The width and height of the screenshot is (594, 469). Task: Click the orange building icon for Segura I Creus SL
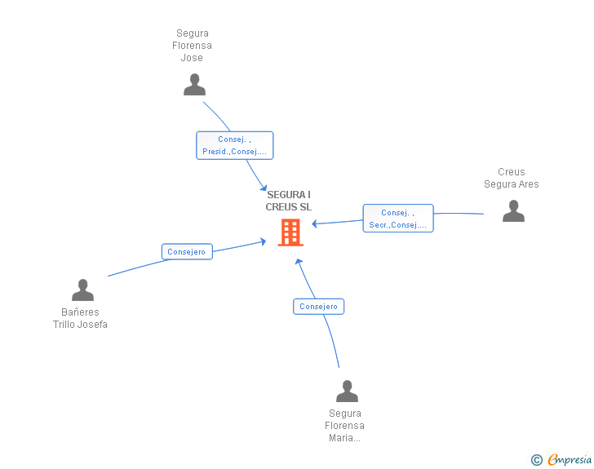coord(290,232)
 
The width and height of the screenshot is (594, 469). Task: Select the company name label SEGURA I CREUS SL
coord(289,201)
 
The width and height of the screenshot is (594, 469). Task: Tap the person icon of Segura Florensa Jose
coord(194,85)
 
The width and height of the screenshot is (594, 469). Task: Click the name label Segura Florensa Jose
coord(193,46)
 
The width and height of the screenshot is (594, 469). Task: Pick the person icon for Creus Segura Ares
coord(513,210)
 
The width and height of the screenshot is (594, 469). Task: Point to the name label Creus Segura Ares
coord(512,178)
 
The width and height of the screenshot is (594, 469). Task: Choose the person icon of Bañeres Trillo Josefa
coord(82,290)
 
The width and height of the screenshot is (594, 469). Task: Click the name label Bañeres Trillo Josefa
coord(80,318)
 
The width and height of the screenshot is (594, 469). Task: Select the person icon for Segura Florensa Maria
coord(347,391)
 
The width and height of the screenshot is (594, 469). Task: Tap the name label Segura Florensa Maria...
coord(344,425)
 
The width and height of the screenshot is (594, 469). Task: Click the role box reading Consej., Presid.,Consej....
coord(234,145)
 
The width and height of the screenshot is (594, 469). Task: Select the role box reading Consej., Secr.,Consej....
coord(398,219)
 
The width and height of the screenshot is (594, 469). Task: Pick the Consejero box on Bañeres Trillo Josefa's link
coord(187,252)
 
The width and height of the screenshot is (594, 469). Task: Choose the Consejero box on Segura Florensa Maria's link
coord(318,307)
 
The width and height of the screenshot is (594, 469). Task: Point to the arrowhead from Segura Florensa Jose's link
coord(264,188)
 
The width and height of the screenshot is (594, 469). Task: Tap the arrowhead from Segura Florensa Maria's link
coord(299,263)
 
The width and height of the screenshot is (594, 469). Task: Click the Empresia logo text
coord(570,459)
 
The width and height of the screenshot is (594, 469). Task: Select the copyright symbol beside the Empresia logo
coord(536,460)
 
